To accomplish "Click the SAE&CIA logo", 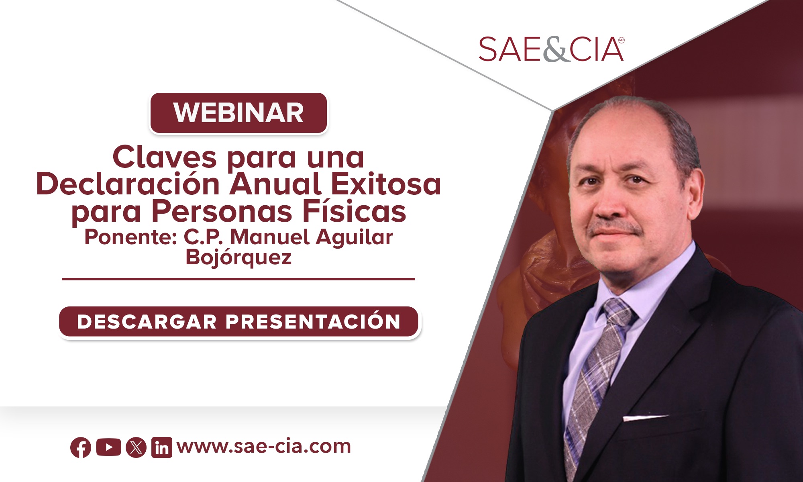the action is point(551,49).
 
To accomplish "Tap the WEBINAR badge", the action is point(238,113).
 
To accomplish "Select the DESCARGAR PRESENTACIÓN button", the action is point(239,322).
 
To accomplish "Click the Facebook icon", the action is point(81,447).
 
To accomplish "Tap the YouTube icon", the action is point(108,447).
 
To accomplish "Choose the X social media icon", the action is point(136,447).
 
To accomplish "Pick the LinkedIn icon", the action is point(162,447).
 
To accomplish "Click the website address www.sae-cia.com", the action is point(264,446).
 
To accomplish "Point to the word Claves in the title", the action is point(165,157).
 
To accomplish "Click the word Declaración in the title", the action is point(128,184).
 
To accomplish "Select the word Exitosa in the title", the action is point(386,184).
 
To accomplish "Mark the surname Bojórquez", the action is point(238,257).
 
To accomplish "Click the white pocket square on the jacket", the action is point(645,418).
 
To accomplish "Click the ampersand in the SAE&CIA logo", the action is point(556,50).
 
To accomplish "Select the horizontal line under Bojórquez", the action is point(238,279).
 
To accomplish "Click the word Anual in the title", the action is point(275,184).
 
